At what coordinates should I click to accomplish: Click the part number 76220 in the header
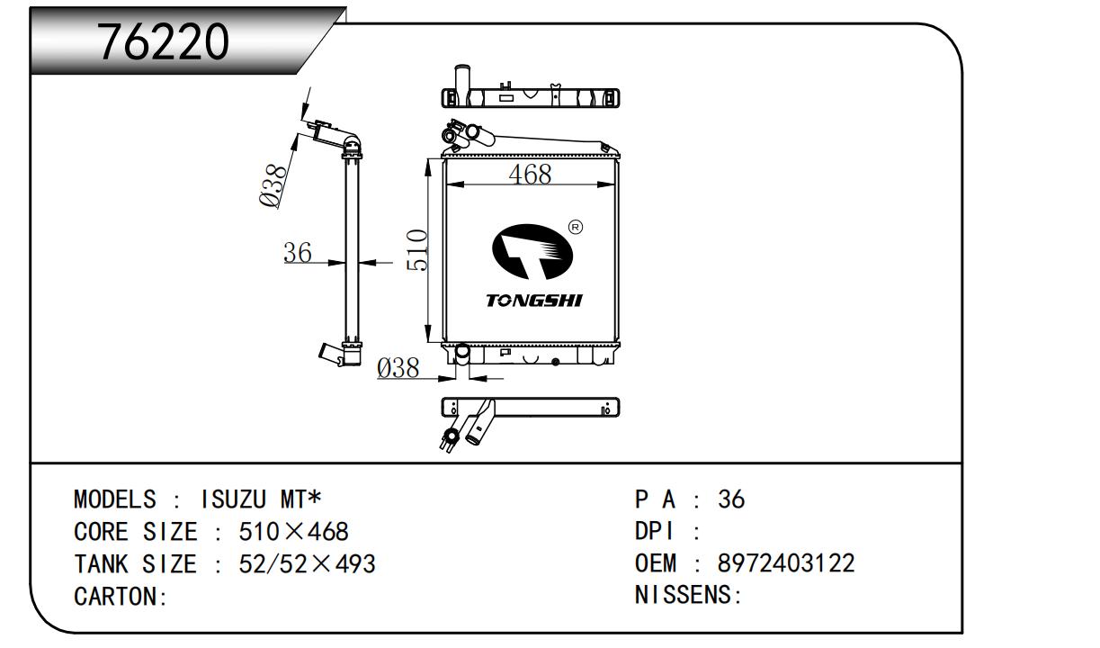(164, 41)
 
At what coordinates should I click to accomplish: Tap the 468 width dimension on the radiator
(530, 175)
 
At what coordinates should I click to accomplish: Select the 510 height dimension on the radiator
(416, 249)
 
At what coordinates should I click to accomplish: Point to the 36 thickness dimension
(298, 253)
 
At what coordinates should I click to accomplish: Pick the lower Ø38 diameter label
(398, 367)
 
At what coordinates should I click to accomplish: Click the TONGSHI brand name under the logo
(533, 300)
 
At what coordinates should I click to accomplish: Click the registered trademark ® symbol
(576, 227)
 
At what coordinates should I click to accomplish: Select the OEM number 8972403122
(786, 563)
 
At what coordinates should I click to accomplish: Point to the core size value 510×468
(293, 532)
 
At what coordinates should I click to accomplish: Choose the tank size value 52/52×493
(307, 564)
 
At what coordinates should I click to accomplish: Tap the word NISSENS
(684, 596)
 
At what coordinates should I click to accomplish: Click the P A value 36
(731, 499)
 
